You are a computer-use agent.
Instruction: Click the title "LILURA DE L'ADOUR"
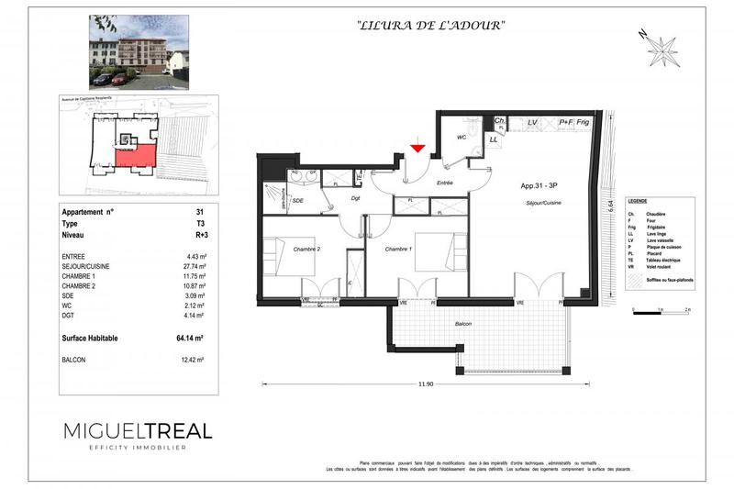(430, 26)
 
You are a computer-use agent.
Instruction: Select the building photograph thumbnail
(139, 51)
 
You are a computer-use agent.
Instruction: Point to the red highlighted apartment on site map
(135, 158)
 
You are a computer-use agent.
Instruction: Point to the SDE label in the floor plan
(298, 200)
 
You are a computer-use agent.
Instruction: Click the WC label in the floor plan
(463, 138)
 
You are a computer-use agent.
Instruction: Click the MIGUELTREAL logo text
(138, 430)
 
